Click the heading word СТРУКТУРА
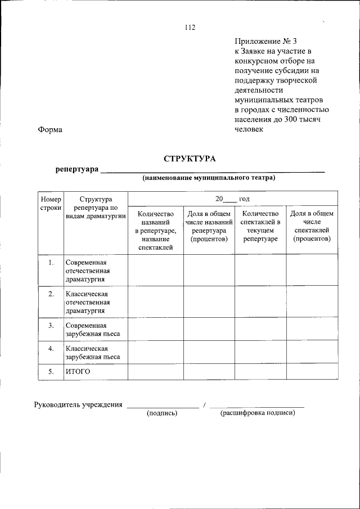190,159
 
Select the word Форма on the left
50,130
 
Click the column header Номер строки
51,203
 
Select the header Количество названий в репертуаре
156,230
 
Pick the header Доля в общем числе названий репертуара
209,226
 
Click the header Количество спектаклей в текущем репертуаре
260,226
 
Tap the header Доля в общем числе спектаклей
312,226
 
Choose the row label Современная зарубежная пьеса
92,330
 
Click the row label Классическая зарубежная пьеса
92,353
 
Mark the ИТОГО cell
78,372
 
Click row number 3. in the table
51,326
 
